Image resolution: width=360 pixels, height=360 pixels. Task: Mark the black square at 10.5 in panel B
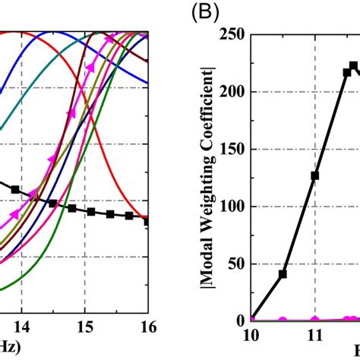(283, 273)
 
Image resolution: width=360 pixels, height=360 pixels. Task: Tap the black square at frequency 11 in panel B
(314, 175)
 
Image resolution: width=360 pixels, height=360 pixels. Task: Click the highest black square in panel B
(353, 65)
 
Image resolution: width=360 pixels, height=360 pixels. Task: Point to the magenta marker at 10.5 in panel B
(283, 320)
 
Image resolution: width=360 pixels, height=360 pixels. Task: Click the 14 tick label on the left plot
(21, 327)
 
